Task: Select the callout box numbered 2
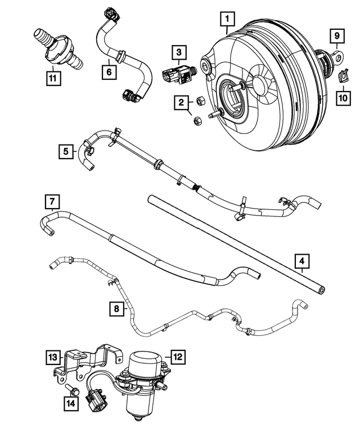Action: (181, 102)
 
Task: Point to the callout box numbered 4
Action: (302, 261)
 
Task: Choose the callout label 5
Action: (66, 151)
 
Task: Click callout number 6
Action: (108, 71)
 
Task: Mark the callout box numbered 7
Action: (51, 201)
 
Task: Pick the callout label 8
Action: (116, 309)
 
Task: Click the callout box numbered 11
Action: (52, 78)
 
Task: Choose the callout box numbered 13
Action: (52, 357)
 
